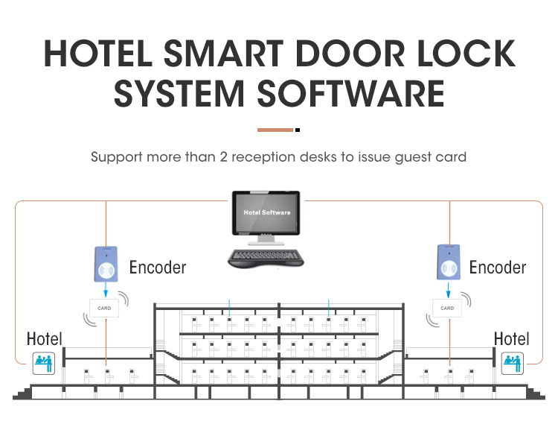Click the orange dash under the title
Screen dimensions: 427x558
click(x=275, y=130)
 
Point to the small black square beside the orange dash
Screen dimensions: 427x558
click(x=298, y=130)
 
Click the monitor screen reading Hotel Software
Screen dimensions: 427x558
click(x=267, y=213)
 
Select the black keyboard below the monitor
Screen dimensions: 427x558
click(x=266, y=258)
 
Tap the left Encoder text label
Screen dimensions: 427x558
click(x=158, y=268)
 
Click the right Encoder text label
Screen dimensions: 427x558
click(x=498, y=268)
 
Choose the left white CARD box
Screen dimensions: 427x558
click(x=103, y=307)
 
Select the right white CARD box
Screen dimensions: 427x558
click(x=447, y=307)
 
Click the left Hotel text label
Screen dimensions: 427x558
click(x=45, y=339)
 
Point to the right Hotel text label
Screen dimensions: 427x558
click(x=511, y=339)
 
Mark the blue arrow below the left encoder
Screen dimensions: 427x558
click(x=105, y=291)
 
